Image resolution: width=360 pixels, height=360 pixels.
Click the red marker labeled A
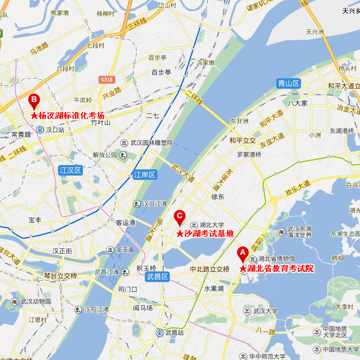(x=241, y=254)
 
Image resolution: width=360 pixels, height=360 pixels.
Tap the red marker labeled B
(x=34, y=101)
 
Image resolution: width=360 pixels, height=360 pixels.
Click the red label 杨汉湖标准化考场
(x=68, y=115)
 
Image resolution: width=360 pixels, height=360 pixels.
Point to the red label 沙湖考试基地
(x=205, y=234)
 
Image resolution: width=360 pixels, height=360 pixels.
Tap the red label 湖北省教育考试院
(x=276, y=269)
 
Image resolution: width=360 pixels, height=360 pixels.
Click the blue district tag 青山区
(x=289, y=84)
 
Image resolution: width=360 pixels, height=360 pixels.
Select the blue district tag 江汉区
(x=70, y=171)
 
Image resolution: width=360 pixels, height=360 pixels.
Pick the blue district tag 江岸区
(x=146, y=175)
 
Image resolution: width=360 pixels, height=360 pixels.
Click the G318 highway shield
(x=106, y=80)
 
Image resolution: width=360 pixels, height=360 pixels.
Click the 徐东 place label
(x=218, y=197)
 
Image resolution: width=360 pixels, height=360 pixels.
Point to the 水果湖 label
(x=213, y=289)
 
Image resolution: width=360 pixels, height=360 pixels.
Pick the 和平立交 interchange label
(x=243, y=140)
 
